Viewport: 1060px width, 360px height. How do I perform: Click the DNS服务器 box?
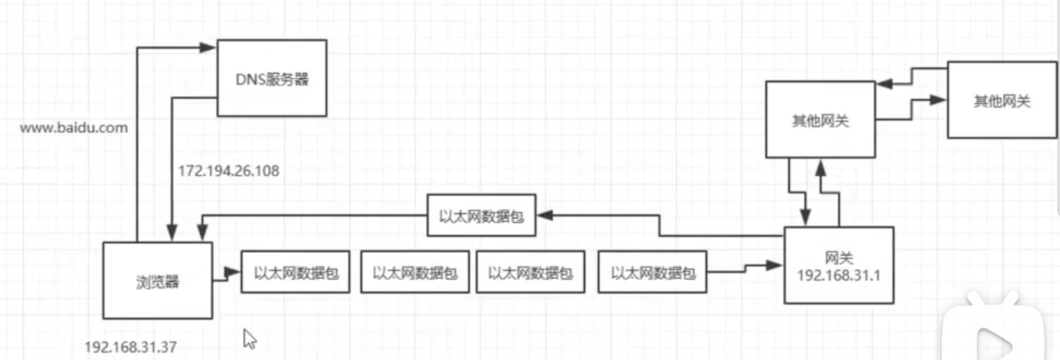tap(272, 78)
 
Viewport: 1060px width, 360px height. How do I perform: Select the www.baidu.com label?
tap(73, 128)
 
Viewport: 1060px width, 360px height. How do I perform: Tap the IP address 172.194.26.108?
tap(229, 171)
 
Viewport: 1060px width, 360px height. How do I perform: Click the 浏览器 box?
tap(157, 280)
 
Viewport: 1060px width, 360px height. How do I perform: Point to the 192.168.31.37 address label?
tap(130, 347)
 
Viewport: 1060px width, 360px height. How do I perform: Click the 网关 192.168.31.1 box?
tap(839, 266)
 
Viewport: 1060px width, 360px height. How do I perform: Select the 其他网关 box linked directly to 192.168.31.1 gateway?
tap(820, 120)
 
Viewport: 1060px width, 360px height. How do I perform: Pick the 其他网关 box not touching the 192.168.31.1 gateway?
tap(1001, 100)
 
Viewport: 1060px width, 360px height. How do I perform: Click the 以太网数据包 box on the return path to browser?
tap(481, 216)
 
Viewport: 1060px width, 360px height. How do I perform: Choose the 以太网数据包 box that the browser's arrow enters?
tap(295, 272)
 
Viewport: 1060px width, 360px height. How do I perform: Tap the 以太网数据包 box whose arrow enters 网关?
tap(652, 272)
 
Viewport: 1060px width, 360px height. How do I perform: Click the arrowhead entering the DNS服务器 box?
tap(208, 47)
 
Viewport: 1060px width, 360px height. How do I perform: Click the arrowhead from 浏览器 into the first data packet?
tap(233, 272)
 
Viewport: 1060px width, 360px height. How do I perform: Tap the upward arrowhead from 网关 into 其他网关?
tap(821, 167)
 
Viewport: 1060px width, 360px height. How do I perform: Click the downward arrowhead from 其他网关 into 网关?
tap(805, 216)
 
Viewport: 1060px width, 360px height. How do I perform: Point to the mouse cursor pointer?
tap(249, 338)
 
